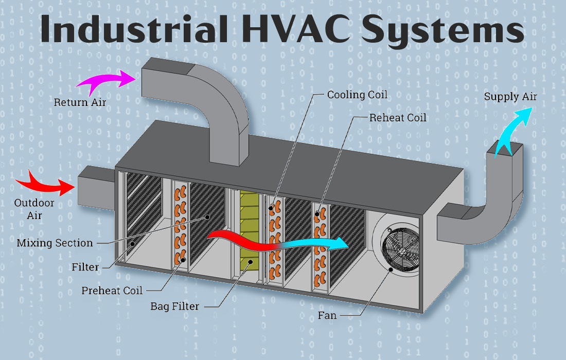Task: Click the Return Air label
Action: (x=80, y=102)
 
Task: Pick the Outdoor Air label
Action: (x=34, y=209)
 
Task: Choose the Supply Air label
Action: (x=510, y=97)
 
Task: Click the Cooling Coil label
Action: (x=357, y=95)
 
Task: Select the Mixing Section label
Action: (x=55, y=243)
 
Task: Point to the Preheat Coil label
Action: (x=112, y=291)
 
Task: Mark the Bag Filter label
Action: (x=174, y=307)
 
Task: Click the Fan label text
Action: (x=327, y=315)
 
